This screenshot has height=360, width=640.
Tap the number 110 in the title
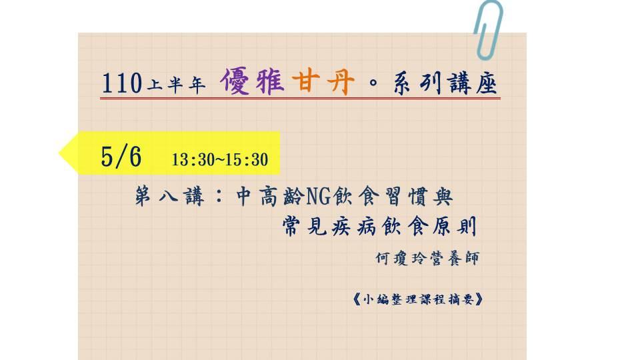(x=121, y=83)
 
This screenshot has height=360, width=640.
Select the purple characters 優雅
(x=252, y=81)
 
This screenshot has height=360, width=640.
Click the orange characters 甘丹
(x=323, y=81)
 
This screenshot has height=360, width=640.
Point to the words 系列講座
(x=445, y=83)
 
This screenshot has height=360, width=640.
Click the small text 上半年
(x=176, y=85)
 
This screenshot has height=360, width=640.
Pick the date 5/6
(x=121, y=156)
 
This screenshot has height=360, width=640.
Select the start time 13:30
(x=191, y=159)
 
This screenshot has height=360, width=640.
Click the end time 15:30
(x=247, y=159)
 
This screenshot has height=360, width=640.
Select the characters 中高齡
(x=270, y=196)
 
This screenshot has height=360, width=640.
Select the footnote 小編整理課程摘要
(x=419, y=299)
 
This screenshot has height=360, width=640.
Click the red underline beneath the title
(x=300, y=99)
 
